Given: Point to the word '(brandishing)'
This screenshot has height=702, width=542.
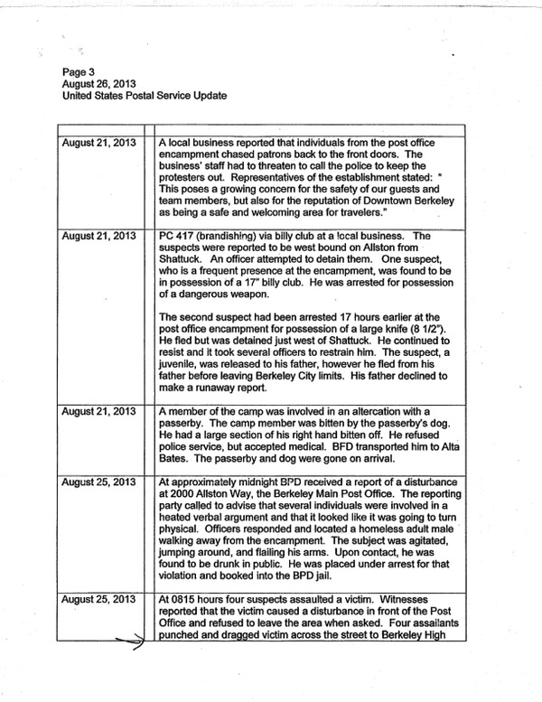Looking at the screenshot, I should click(229, 237).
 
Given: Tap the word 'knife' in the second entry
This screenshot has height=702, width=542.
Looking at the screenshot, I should click(424, 338).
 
